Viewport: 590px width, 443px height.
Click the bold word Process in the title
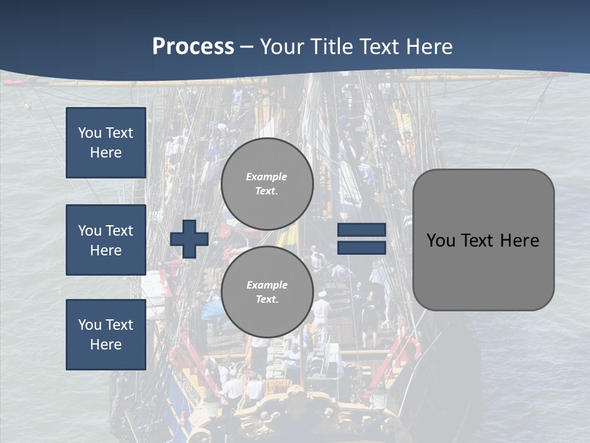tap(193, 47)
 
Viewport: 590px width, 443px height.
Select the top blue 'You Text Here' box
tap(106, 143)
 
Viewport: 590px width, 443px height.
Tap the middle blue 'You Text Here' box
tap(106, 240)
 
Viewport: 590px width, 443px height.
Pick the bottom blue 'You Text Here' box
tap(106, 335)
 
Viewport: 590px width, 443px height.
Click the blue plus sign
tap(189, 239)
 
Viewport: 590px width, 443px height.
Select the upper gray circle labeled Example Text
tap(267, 184)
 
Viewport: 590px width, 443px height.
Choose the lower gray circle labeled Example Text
tap(267, 292)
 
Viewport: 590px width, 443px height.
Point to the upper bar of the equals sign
tap(361, 230)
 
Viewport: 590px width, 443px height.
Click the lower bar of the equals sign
tap(361, 247)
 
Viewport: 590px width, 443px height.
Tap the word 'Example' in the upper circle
tap(267, 177)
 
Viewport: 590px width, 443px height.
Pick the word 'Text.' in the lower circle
tap(267, 300)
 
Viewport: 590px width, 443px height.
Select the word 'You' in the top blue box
tap(90, 133)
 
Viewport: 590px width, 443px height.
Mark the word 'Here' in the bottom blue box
tap(106, 345)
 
